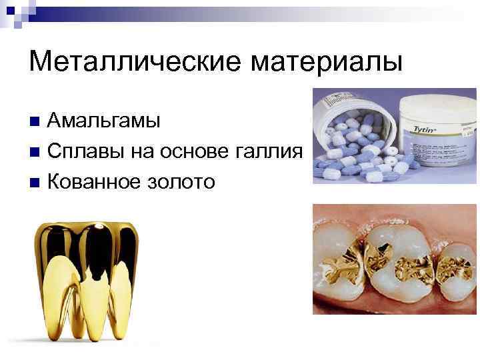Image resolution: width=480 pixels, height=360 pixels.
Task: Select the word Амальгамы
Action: (104, 121)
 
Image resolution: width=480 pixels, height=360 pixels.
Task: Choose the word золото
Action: (183, 181)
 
